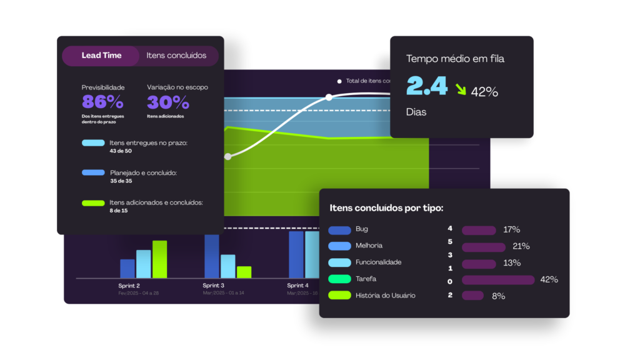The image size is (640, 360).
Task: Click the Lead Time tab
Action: tap(101, 56)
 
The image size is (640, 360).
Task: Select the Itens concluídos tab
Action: tap(176, 56)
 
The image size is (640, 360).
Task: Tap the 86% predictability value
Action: tap(102, 102)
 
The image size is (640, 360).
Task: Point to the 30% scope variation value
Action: tap(168, 102)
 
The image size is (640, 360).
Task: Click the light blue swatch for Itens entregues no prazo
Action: tap(93, 143)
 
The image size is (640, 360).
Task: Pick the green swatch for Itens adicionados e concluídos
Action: tap(93, 203)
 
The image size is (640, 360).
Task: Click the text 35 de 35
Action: tap(121, 181)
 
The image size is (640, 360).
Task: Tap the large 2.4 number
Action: tap(427, 87)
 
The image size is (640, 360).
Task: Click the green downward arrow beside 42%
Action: tap(460, 89)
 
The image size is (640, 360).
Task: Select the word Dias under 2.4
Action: tap(417, 112)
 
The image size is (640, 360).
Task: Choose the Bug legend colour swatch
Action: tap(339, 230)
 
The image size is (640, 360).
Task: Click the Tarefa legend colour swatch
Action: tap(339, 279)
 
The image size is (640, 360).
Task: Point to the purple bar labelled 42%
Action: tap(498, 279)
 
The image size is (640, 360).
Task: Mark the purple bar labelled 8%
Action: tap(472, 296)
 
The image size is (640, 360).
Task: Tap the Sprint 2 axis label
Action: tap(129, 286)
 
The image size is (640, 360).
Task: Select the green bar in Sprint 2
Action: tap(159, 259)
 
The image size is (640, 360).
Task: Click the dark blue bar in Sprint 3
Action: tap(212, 256)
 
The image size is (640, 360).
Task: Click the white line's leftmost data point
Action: tap(227, 157)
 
